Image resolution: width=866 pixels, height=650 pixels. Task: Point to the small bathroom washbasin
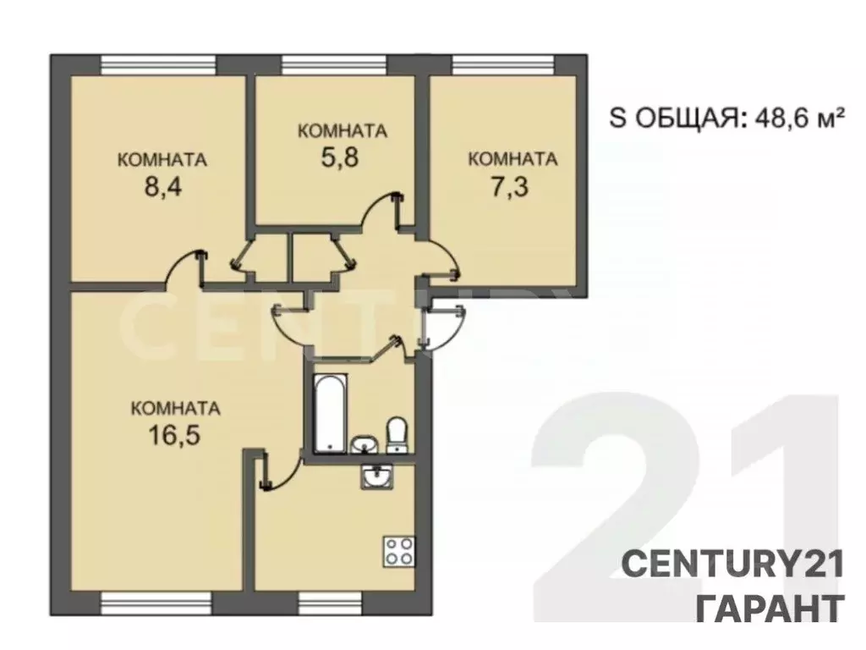(x=364, y=443)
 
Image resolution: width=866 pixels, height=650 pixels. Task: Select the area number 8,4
(x=163, y=186)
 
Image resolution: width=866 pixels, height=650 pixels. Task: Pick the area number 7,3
(x=511, y=186)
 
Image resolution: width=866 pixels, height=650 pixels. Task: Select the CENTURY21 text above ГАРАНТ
(x=733, y=565)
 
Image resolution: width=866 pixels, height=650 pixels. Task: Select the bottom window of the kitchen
(x=330, y=603)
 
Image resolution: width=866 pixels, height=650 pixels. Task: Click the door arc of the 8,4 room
(x=182, y=267)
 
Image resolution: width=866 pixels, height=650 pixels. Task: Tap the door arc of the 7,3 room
(x=441, y=258)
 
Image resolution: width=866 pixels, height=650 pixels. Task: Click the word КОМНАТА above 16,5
(x=176, y=408)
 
